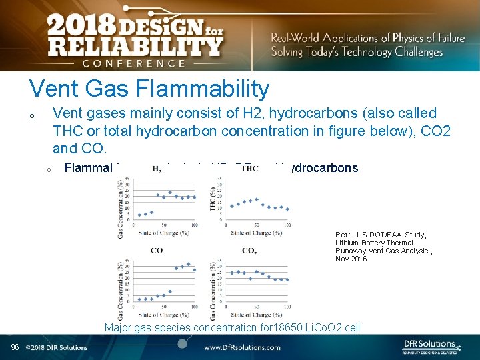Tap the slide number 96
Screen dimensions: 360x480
pyautogui.click(x=15, y=347)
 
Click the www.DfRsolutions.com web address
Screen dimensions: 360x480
pyautogui.click(x=242, y=347)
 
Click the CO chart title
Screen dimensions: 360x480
pyautogui.click(x=157, y=251)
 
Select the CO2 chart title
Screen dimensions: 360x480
pyautogui.click(x=249, y=251)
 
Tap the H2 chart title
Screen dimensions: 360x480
pyautogui.click(x=157, y=169)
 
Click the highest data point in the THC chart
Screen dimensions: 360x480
pyautogui.click(x=256, y=199)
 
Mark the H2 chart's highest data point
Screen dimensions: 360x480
pyautogui.click(x=170, y=192)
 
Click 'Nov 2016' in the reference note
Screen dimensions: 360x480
pyautogui.click(x=351, y=259)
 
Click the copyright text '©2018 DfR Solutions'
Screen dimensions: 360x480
pyautogui.click(x=57, y=347)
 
